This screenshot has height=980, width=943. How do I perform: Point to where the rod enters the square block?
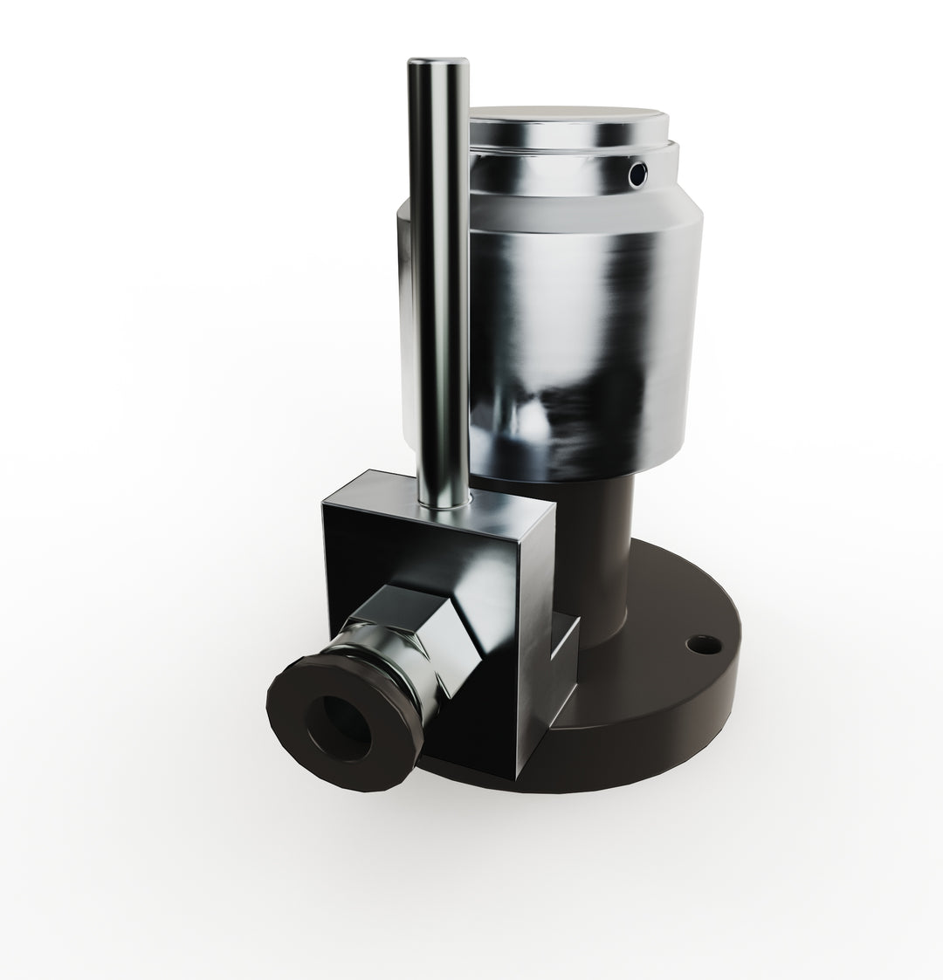444,504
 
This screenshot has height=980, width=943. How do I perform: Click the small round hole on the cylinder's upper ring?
638,175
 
